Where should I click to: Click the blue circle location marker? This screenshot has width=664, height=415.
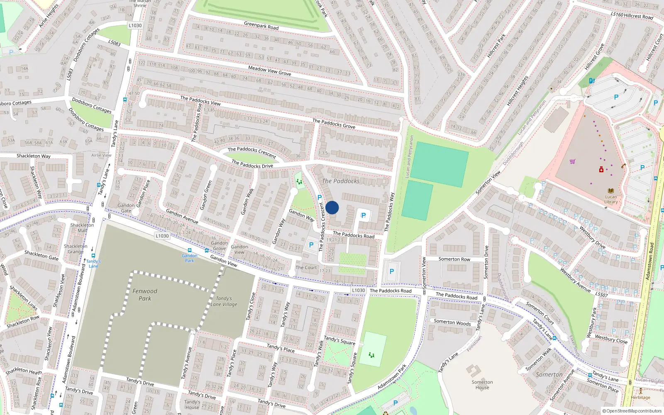tap(332, 207)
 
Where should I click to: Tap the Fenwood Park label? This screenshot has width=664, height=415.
tap(145, 295)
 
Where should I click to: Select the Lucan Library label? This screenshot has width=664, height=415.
tap(611, 199)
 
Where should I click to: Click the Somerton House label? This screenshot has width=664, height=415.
tap(482, 385)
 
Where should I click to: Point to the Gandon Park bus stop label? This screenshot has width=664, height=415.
tap(190, 258)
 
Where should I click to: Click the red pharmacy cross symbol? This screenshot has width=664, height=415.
tap(601, 170)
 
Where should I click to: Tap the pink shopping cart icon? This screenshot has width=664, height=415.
tap(573, 161)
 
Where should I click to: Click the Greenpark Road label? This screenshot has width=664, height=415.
tap(261, 26)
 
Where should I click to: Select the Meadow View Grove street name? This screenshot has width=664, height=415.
tap(269, 71)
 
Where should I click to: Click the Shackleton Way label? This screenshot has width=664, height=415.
tap(33, 156)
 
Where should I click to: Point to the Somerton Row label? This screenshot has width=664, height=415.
tap(454, 259)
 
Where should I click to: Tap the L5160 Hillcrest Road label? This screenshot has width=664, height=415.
tap(632, 15)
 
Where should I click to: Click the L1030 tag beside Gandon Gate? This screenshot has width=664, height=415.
tap(162, 236)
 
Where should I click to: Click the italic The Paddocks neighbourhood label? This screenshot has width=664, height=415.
tap(341, 181)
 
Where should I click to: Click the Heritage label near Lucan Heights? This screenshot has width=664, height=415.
tap(640, 397)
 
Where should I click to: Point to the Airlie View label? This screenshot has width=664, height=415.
tap(101, 155)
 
